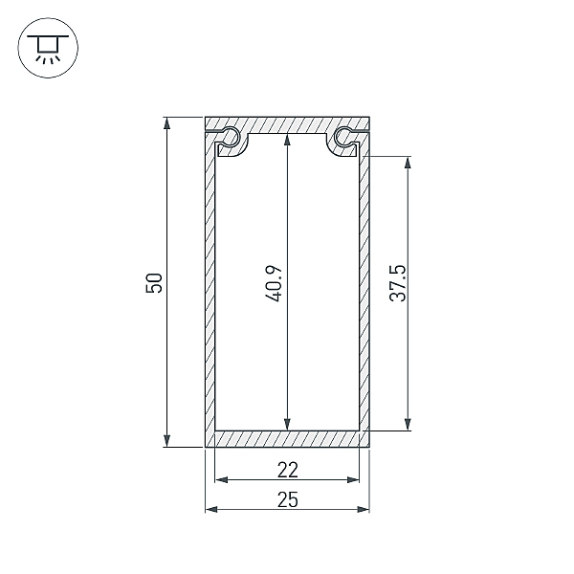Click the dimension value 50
coord(154,282)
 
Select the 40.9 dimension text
coord(274,284)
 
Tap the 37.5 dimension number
coord(398,283)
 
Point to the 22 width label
coord(288,470)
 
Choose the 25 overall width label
coord(288,500)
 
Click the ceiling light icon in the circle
coord(48,48)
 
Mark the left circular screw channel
coord(231,137)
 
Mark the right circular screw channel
coord(343,136)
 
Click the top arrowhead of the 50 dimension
coord(166,123)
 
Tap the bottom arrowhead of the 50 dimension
coord(166,441)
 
